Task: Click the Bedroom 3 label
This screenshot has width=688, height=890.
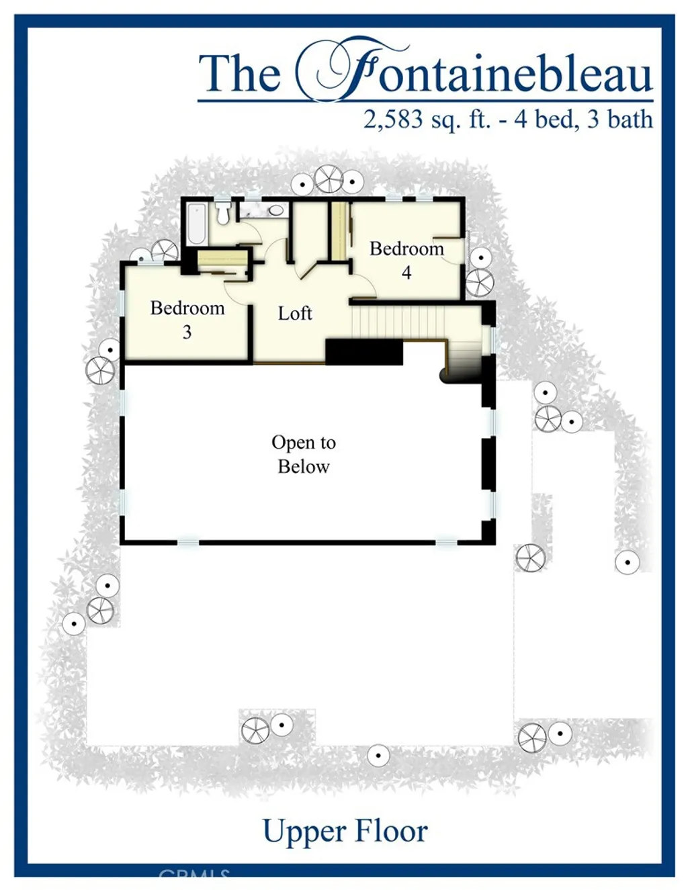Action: (x=187, y=319)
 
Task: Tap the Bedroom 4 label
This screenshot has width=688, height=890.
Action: (x=406, y=260)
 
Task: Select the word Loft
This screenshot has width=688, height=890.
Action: (x=295, y=313)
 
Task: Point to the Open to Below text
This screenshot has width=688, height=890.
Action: (x=304, y=454)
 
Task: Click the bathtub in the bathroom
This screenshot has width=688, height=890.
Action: (x=198, y=223)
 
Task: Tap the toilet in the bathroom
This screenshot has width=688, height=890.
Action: (x=223, y=213)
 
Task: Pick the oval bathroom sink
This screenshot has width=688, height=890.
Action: (x=276, y=210)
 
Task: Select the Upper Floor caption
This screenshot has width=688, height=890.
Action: (x=345, y=831)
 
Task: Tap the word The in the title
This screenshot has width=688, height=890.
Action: (x=240, y=74)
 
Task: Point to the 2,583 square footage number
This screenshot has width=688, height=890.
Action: (x=393, y=120)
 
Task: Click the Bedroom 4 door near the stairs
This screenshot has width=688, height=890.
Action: (x=363, y=289)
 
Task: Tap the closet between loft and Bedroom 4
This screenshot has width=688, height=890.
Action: (x=339, y=230)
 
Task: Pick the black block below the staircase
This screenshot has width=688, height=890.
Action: (x=363, y=351)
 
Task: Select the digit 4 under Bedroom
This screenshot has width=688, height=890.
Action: (x=406, y=273)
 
